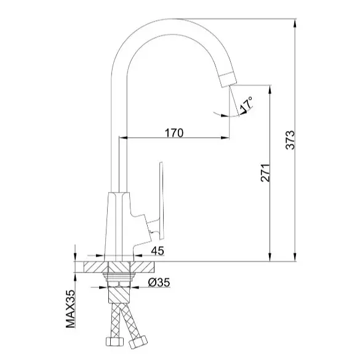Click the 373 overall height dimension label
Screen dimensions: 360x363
click(x=290, y=140)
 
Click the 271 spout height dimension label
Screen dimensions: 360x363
click(x=265, y=173)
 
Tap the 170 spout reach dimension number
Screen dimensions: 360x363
click(x=174, y=133)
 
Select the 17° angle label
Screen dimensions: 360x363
click(x=246, y=105)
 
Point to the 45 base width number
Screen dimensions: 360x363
click(x=158, y=250)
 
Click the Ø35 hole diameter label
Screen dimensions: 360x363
click(x=159, y=282)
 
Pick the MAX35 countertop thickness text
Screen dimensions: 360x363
click(x=71, y=309)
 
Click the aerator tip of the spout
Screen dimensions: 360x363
click(x=228, y=79)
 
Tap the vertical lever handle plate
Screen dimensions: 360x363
click(x=161, y=200)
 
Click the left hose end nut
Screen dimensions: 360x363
click(x=115, y=341)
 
